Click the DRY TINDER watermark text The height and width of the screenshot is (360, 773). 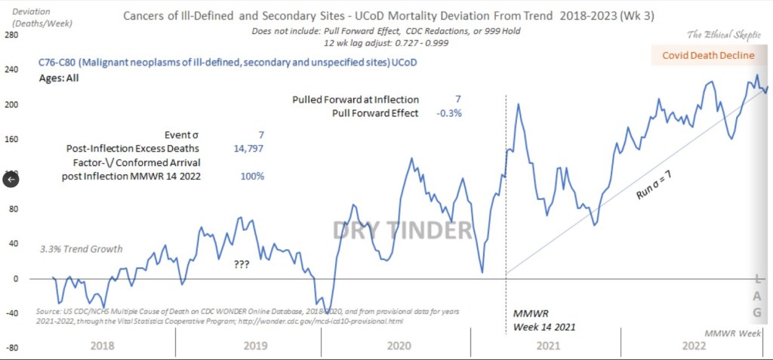click(402, 230)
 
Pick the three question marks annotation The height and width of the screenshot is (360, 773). click(242, 265)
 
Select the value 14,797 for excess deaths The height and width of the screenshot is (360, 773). click(248, 148)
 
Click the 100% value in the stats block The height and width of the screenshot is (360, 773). click(252, 176)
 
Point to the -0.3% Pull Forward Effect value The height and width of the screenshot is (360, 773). click(448, 113)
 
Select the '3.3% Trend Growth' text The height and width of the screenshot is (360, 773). click(81, 249)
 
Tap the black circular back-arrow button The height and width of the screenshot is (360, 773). click(11, 179)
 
